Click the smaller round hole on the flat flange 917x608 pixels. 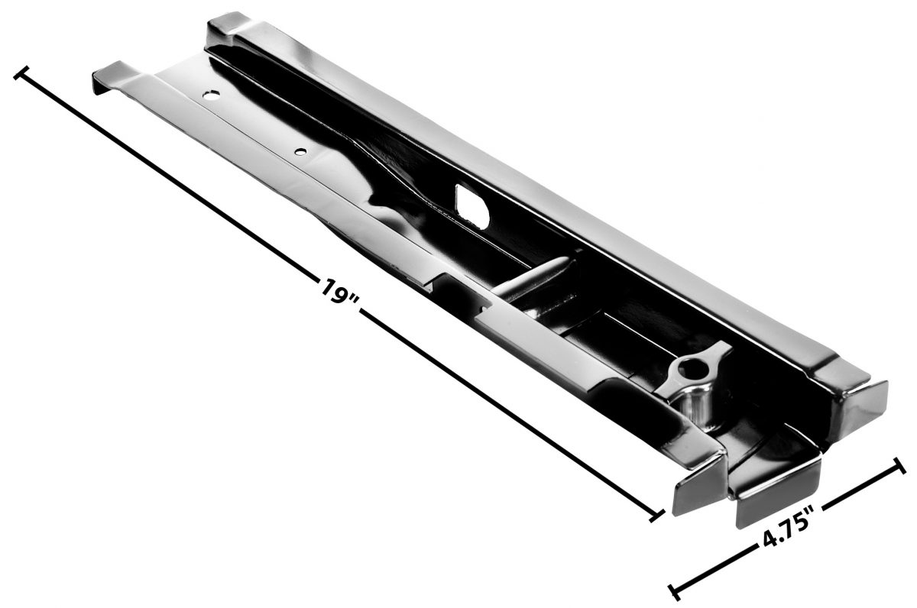coord(301,151)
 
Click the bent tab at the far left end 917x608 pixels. coord(107,77)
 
